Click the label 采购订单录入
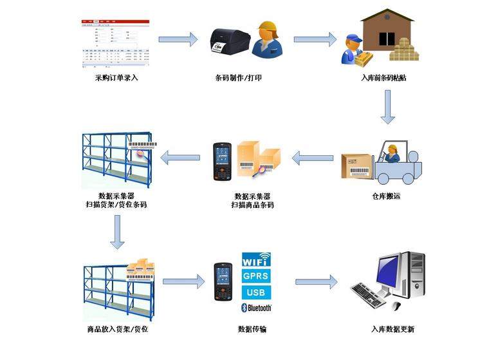pyautogui.click(x=116, y=78)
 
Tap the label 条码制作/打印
pyautogui.click(x=238, y=78)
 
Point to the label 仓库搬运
pyautogui.click(x=386, y=196)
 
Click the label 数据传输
pyautogui.click(x=252, y=329)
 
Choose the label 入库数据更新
pyautogui.click(x=392, y=329)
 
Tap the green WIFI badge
pyautogui.click(x=255, y=261)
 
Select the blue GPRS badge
pyautogui.click(x=255, y=276)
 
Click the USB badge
pyautogui.click(x=255, y=292)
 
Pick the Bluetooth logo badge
pyautogui.click(x=255, y=308)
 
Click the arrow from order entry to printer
pyautogui.click(x=178, y=39)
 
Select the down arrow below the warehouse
pyautogui.click(x=387, y=107)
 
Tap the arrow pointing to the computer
pyautogui.click(x=316, y=281)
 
